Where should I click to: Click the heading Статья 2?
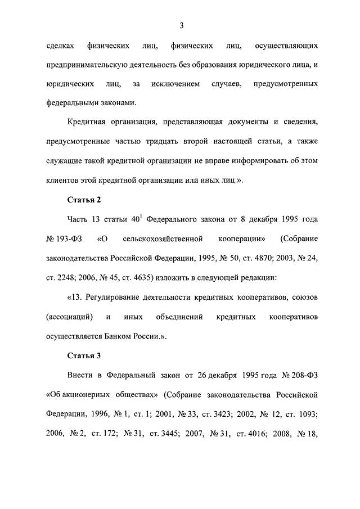coord(84,200)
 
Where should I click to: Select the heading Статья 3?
coord(84,356)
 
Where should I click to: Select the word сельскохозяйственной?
coord(166,238)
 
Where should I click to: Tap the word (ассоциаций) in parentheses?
coord(70,317)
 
